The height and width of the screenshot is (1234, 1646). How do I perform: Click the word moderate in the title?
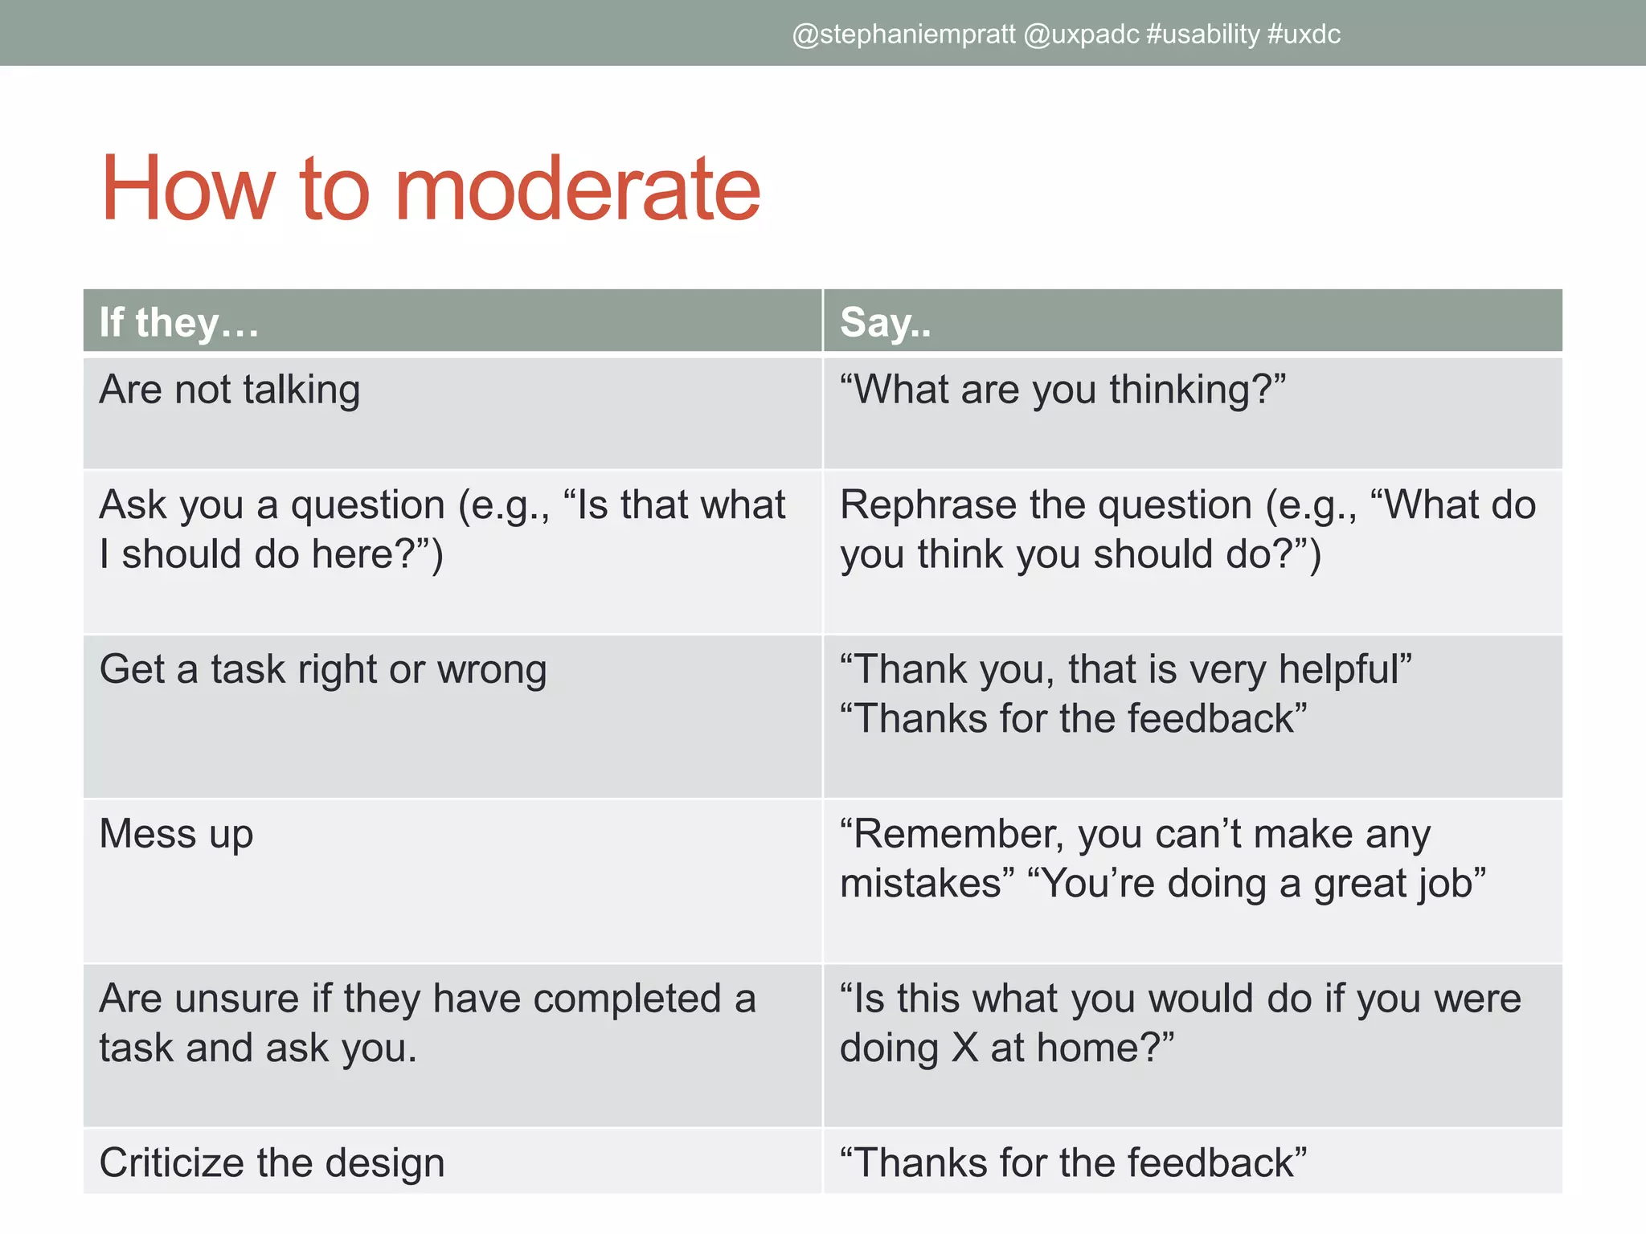tap(577, 190)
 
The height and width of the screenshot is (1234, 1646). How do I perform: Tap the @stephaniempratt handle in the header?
tap(903, 35)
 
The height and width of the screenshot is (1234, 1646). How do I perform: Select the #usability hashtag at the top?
tap(1203, 35)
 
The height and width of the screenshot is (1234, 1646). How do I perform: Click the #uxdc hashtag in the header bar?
tap(1304, 35)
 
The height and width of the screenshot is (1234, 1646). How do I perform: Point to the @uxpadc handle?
tap(1081, 35)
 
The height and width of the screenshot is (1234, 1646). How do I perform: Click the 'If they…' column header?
tap(179, 322)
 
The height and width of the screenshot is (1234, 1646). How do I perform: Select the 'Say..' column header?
tap(885, 322)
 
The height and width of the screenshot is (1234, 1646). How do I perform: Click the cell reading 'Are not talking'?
tap(230, 390)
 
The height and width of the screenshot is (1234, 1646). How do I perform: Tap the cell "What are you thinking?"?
tap(1063, 390)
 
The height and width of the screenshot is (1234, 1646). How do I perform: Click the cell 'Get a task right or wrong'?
tap(323, 669)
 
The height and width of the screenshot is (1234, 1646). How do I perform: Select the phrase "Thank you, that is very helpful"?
tap(1125, 669)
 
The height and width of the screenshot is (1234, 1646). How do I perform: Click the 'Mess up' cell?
tap(176, 834)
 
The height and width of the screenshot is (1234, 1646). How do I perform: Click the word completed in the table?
tap(627, 999)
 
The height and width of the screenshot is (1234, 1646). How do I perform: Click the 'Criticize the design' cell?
tap(272, 1163)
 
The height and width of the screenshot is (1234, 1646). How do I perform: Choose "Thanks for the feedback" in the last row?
tap(1073, 1163)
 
